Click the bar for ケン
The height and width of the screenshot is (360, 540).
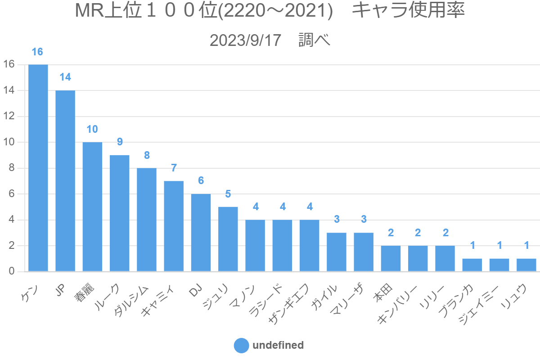38,168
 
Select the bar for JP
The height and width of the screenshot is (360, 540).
65,181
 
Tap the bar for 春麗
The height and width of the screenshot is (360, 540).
92,207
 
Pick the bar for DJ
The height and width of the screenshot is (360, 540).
201,233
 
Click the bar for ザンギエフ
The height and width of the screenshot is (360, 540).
309,246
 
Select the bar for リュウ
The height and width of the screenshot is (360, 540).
526,265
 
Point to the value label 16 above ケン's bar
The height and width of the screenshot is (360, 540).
38,52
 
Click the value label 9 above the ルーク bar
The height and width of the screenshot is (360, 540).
120,142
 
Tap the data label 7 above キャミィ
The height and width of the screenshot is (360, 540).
174,168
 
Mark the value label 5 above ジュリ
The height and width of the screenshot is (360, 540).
228,194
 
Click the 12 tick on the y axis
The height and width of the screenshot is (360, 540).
9,117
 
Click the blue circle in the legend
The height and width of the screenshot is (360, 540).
242,346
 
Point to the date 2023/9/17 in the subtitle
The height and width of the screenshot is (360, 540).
245,40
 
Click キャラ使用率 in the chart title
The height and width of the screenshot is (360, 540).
408,11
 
